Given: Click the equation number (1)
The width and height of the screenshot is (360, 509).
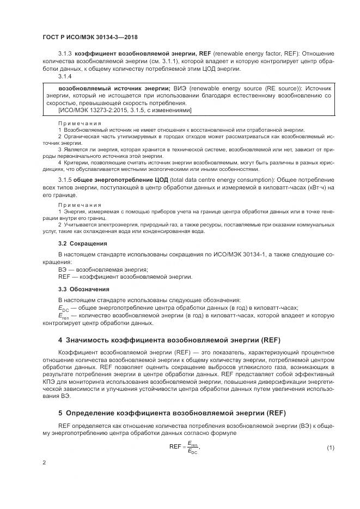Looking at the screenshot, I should pos(330,447).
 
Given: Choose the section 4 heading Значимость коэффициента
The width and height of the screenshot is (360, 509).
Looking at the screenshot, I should pos(169,340).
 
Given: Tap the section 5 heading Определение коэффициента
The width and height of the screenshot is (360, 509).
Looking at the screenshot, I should pos(172,412).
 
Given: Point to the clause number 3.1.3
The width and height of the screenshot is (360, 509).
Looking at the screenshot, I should pos(65,53).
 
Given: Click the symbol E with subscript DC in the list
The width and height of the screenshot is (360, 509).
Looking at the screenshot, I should pos(63,308).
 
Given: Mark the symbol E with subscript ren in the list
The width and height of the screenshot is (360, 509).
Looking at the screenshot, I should pos(63,316).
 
